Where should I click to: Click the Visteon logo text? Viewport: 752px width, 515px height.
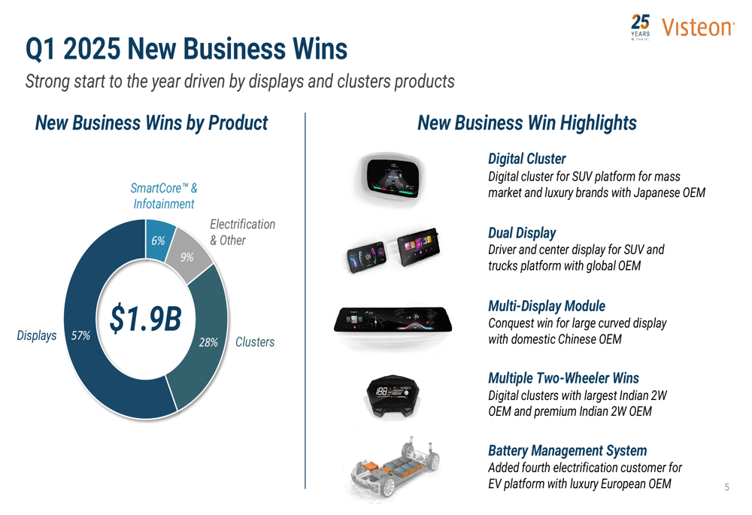tap(697, 28)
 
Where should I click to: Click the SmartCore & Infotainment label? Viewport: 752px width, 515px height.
tap(164, 195)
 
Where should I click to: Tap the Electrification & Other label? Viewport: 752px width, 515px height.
tap(242, 232)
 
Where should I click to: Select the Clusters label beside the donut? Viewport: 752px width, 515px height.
tap(255, 342)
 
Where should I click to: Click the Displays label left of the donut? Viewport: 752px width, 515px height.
tap(37, 335)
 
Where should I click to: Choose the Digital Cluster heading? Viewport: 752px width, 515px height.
tap(526, 159)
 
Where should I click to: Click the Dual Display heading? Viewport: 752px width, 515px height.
tap(522, 233)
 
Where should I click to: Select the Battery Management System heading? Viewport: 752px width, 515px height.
tap(567, 450)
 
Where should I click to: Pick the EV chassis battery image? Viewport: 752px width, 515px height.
tap(390, 469)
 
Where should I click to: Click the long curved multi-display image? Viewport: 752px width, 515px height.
tap(390, 321)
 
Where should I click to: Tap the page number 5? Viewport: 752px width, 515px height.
tap(726, 487)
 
